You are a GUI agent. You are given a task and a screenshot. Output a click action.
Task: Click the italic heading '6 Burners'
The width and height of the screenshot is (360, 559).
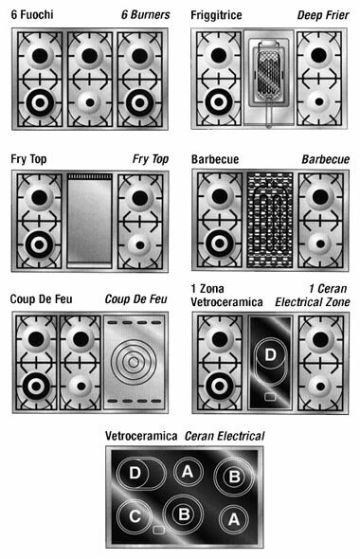click(x=146, y=14)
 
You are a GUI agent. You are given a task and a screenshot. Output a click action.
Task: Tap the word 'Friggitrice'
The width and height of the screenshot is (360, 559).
click(x=216, y=15)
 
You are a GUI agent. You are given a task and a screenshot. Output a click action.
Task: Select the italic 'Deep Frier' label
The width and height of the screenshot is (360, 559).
click(x=323, y=15)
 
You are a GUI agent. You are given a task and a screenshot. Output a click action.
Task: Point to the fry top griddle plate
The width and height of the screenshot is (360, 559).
click(x=89, y=220)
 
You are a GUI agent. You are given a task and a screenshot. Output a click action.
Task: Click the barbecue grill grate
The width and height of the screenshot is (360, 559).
click(x=270, y=220)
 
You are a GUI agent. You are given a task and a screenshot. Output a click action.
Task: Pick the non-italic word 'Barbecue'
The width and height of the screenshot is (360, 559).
click(x=215, y=159)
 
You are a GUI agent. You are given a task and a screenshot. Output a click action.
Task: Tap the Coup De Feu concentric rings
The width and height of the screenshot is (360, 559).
click(x=134, y=362)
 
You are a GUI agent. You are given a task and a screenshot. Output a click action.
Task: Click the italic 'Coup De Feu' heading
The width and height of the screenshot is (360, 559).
click(x=135, y=299)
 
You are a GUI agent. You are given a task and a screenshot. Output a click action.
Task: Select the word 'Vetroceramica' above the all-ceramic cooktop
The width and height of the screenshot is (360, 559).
click(x=141, y=436)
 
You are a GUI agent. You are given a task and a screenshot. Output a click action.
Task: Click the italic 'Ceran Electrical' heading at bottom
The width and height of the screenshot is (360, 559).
click(x=225, y=436)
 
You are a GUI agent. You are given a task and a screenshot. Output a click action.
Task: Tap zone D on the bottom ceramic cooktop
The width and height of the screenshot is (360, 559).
click(x=135, y=473)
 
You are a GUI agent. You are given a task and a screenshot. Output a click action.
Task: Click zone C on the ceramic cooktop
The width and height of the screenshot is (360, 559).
click(x=135, y=516)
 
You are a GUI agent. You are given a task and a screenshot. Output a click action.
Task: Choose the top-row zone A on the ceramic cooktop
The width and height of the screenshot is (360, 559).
click(x=188, y=472)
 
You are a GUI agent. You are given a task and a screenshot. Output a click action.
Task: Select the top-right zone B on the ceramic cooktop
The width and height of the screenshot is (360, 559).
click(x=234, y=477)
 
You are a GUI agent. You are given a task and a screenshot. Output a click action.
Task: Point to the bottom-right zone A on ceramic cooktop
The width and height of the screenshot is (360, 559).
click(x=234, y=518)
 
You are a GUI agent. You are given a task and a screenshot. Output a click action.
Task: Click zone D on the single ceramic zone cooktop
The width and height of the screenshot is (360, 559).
click(x=271, y=354)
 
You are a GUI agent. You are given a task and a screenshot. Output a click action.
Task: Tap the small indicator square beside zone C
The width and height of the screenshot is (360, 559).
click(x=158, y=530)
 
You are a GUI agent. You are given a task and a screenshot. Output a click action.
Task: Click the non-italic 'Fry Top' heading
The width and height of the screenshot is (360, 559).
click(x=28, y=159)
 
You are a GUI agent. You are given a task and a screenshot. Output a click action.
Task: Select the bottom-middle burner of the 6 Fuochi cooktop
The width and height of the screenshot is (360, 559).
click(x=89, y=102)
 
